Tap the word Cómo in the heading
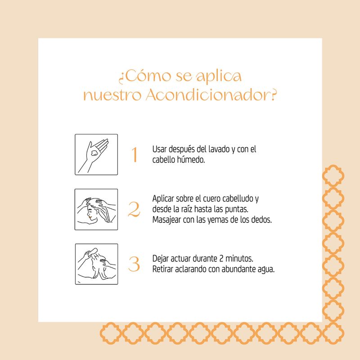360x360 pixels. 148,76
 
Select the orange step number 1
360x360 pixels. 135,154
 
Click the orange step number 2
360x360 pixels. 134,209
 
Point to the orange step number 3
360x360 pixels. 134,264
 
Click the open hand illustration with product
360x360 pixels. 96,154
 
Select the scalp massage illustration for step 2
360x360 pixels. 96,209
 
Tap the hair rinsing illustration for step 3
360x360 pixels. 96,264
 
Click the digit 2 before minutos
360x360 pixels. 221,259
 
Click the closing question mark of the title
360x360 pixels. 274,94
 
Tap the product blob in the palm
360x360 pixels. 94,153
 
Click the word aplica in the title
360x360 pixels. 219,76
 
